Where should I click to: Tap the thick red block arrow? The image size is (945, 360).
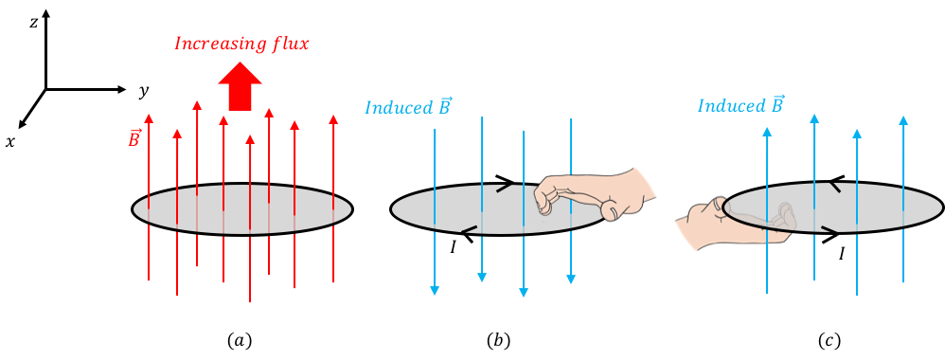(241, 86)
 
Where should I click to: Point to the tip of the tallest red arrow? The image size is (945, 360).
(197, 101)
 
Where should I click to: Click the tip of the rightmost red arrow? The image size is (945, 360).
(333, 117)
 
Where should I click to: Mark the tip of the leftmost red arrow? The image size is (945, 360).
(149, 115)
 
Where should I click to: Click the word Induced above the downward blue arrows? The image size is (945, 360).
(397, 107)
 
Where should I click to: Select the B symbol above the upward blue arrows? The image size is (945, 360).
(778, 103)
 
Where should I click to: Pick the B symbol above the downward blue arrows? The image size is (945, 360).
(444, 105)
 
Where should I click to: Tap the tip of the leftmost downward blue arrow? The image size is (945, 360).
(435, 294)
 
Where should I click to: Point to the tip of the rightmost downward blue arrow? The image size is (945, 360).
(571, 281)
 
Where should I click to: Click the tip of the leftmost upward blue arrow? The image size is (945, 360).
(767, 128)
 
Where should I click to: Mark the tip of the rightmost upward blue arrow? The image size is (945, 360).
(903, 117)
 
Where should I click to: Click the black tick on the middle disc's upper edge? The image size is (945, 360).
(503, 188)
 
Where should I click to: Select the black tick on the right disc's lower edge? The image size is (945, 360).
(829, 228)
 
